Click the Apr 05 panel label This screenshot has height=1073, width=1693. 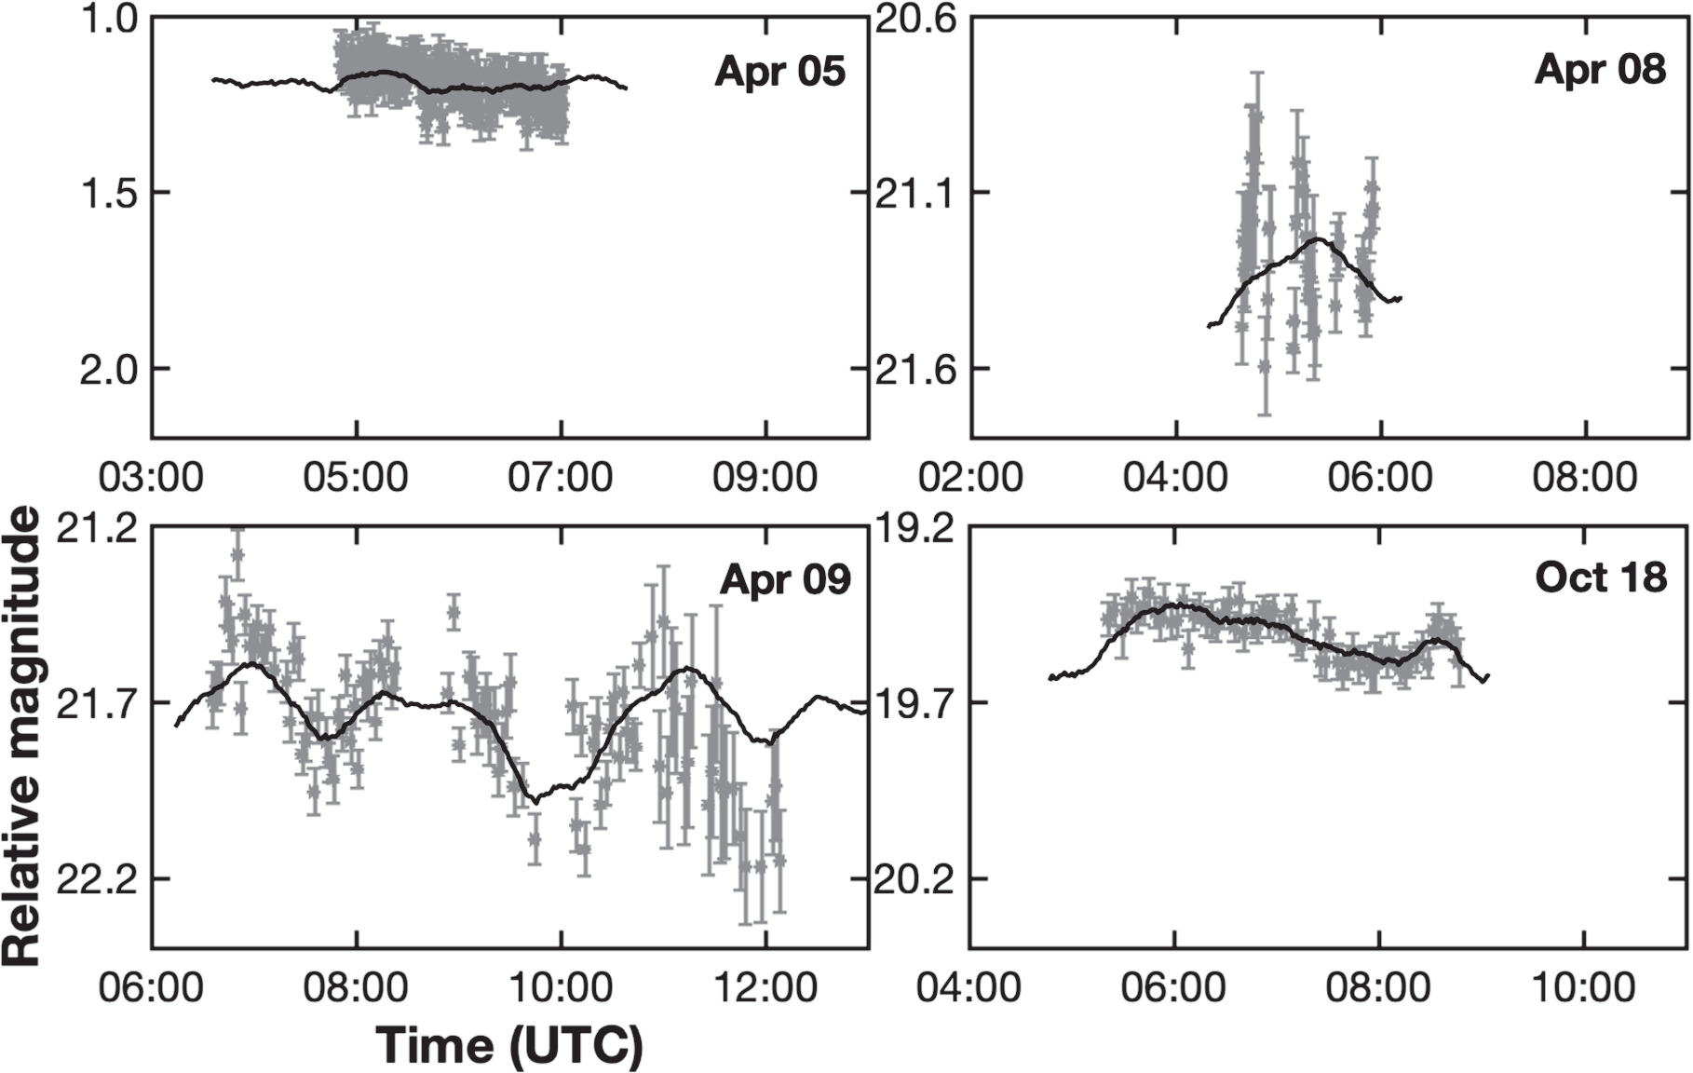(779, 72)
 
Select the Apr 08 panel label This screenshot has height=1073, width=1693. (1600, 69)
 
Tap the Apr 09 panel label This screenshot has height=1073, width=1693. (785, 579)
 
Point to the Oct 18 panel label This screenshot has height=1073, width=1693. (1600, 577)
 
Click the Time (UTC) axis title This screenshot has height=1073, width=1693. (509, 1045)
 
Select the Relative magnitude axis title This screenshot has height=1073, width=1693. (22, 736)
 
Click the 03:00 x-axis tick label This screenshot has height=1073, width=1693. (151, 478)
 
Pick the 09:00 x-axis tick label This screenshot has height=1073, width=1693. (765, 478)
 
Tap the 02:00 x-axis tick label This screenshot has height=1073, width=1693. (970, 478)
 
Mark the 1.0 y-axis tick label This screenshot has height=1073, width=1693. (111, 20)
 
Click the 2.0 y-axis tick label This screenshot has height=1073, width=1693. (111, 369)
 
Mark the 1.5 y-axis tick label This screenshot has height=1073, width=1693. (111, 193)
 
